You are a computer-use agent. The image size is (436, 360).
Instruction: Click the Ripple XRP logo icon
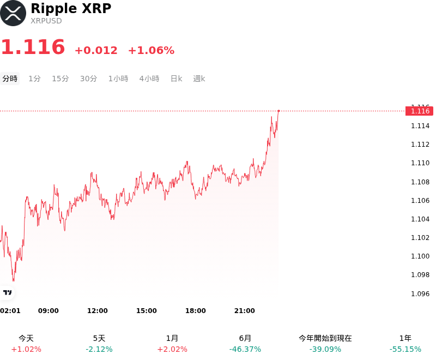pyautogui.click(x=13, y=13)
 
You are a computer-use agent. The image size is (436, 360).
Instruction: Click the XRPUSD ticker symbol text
pyautogui.click(x=46, y=21)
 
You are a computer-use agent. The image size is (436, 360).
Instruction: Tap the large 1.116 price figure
pyautogui.click(x=33, y=47)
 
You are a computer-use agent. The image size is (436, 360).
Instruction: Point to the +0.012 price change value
pyautogui.click(x=96, y=50)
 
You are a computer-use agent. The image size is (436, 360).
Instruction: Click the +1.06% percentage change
pyautogui.click(x=152, y=50)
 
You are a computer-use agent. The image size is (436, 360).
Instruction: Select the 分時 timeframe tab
pyautogui.click(x=10, y=79)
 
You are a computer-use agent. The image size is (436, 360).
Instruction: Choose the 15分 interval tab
pyautogui.click(x=60, y=79)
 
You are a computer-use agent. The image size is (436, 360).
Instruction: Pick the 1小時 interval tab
pyautogui.click(x=118, y=79)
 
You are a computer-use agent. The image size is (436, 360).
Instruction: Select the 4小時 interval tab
pyautogui.click(x=149, y=79)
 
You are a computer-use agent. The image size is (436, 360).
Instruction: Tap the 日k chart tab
pyautogui.click(x=176, y=79)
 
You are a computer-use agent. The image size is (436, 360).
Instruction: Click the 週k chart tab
pyautogui.click(x=199, y=79)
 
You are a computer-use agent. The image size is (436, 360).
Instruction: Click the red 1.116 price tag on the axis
pyautogui.click(x=419, y=111)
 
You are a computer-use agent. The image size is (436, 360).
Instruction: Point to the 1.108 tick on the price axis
pyautogui.click(x=420, y=182)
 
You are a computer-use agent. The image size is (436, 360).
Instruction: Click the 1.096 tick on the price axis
pyautogui.click(x=420, y=294)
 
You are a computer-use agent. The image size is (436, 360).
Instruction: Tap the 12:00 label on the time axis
pyautogui.click(x=98, y=311)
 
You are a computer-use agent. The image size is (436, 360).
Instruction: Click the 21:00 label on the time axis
pyautogui.click(x=244, y=311)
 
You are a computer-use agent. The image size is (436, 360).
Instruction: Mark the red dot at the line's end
pyautogui.click(x=278, y=111)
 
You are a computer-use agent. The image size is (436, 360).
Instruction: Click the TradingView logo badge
pyautogui.click(x=7, y=292)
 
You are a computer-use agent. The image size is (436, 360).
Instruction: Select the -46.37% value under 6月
pyautogui.click(x=245, y=349)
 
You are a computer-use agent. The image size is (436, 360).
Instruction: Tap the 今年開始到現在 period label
pyautogui.click(x=325, y=338)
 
